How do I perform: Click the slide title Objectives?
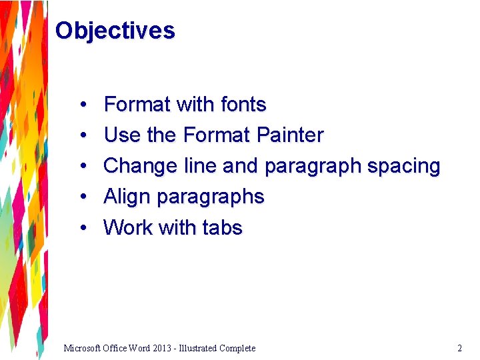tap(115, 31)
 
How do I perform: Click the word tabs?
tap(222, 227)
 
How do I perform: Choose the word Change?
tap(141, 166)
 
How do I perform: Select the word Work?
tap(128, 227)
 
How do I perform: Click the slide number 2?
tap(459, 348)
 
